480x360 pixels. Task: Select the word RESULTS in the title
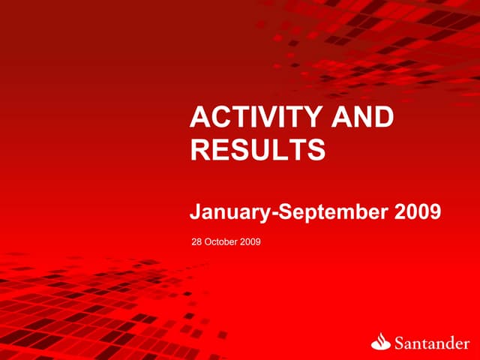point(257,149)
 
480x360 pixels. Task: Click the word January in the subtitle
point(231,213)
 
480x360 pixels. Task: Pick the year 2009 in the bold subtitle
point(417,213)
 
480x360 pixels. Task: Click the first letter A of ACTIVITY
point(201,118)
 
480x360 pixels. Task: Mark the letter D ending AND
point(384,118)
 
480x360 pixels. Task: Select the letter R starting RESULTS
point(200,149)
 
